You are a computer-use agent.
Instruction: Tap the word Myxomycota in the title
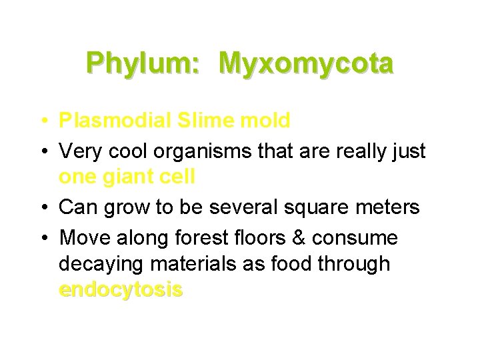click(x=306, y=64)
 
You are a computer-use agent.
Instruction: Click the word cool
click(x=128, y=151)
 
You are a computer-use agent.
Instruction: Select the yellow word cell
click(x=177, y=177)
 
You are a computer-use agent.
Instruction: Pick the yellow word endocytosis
click(x=120, y=290)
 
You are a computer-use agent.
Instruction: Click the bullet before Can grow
click(x=42, y=208)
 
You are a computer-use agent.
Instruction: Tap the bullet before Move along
click(x=42, y=238)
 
